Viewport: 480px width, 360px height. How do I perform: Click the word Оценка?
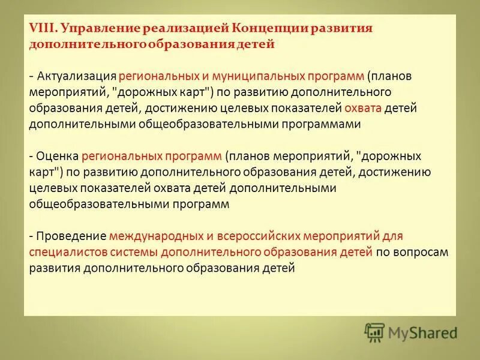57,156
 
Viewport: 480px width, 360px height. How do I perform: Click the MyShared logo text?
422,332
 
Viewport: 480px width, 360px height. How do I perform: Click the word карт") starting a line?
46,172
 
